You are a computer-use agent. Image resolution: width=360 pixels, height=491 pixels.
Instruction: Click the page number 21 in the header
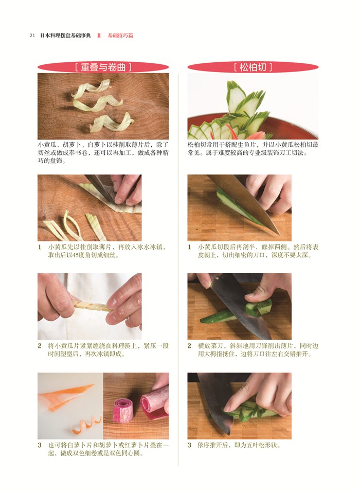(32, 36)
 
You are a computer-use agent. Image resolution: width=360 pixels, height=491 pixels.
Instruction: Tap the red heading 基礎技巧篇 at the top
(120, 36)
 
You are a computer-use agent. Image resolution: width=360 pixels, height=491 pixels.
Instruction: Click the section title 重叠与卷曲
(103, 67)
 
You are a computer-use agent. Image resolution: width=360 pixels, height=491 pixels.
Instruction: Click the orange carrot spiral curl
(87, 426)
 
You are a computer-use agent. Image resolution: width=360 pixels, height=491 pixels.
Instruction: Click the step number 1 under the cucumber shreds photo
(40, 247)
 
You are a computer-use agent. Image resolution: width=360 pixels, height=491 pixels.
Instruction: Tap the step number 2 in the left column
(40, 346)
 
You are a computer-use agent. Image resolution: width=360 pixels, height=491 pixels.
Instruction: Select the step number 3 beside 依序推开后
(190, 445)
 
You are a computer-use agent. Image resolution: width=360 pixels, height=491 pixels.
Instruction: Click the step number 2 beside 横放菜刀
(190, 346)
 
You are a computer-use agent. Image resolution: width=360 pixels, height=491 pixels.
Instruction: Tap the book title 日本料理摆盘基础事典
(66, 36)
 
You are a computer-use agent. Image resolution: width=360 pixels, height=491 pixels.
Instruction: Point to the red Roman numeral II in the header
(99, 36)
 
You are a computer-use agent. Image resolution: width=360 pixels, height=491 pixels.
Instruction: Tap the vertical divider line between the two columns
(178, 269)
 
